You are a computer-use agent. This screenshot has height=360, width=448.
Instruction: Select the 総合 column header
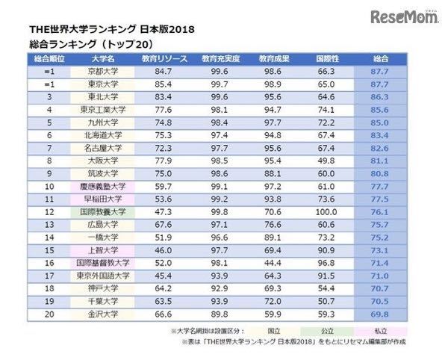[379, 58]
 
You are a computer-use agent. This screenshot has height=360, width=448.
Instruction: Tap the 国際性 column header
[323, 58]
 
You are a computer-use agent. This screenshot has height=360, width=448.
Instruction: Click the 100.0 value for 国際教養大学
[323, 211]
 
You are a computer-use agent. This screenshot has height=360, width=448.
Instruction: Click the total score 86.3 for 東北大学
[379, 97]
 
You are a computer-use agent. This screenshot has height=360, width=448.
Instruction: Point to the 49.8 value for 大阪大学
[323, 161]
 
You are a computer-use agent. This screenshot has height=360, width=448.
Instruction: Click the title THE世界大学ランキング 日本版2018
[111, 29]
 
